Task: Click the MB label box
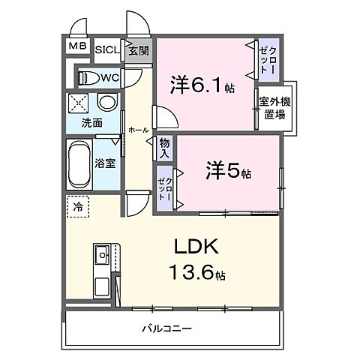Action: coord(77,47)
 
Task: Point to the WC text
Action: coord(109,77)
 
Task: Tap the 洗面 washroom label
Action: coord(92,123)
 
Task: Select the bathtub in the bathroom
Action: coord(80,163)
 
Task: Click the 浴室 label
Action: coord(105,163)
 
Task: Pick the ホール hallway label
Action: coord(138,130)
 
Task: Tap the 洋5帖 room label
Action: coord(228,172)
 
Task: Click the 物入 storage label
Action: coord(165,148)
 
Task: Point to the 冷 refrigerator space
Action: coord(78,205)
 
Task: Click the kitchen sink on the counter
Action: coord(102,258)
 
